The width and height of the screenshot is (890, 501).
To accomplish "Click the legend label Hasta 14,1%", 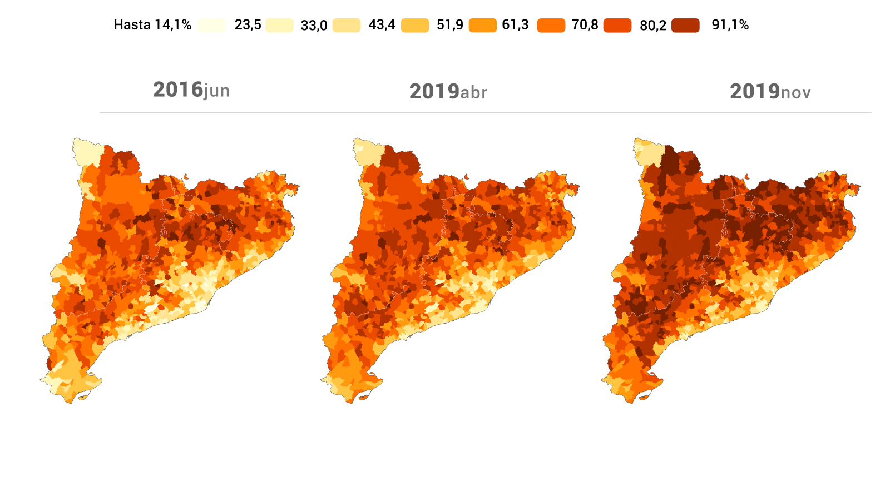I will point(152,25).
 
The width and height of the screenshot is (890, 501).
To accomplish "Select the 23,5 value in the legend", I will point(248,25).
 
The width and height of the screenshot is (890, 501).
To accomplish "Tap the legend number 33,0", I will point(314,26).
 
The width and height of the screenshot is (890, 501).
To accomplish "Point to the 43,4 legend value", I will point(382,25).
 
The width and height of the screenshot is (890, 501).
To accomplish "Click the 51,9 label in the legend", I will point(449,25).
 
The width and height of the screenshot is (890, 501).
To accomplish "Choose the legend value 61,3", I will point(515,25).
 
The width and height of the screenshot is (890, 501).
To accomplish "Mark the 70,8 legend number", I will point(585,25).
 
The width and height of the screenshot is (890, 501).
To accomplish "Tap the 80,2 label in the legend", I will point(653,26).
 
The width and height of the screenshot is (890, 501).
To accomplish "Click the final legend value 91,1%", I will point(730,25).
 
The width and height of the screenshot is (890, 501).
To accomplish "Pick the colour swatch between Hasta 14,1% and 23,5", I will point(212,26).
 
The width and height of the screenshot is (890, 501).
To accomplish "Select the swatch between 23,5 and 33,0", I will point(279,26).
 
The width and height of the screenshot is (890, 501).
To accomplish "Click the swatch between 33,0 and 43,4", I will point(347,26).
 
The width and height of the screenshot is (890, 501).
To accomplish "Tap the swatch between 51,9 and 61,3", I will point(482,26).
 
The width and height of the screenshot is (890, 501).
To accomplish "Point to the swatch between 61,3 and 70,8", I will point(551,26).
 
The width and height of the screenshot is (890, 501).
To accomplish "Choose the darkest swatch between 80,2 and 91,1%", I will point(685,26).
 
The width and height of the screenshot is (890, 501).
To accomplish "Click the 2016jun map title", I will point(191,90).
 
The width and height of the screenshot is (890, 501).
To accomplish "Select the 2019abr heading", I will point(448,92).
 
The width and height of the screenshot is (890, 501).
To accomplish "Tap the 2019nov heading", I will point(770,92).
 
